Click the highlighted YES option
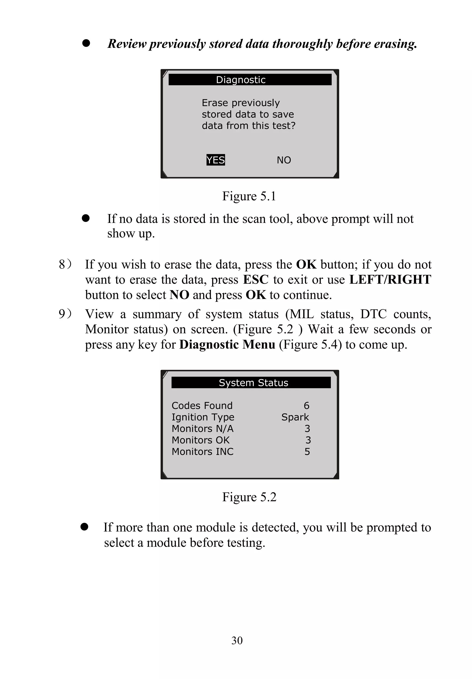[215, 160]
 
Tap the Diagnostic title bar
[250, 80]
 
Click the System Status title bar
[251, 383]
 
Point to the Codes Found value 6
[306, 406]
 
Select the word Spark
[295, 417]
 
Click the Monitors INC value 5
[307, 452]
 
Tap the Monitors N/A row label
[203, 429]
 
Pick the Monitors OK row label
[201, 440]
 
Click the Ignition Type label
[203, 417]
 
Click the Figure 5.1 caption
[249, 196]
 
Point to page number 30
[237, 641]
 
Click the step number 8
[62, 265]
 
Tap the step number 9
[62, 314]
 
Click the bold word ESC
[256, 280]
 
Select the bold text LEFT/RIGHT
[390, 280]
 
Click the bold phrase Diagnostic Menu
[227, 344]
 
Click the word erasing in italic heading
[395, 44]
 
